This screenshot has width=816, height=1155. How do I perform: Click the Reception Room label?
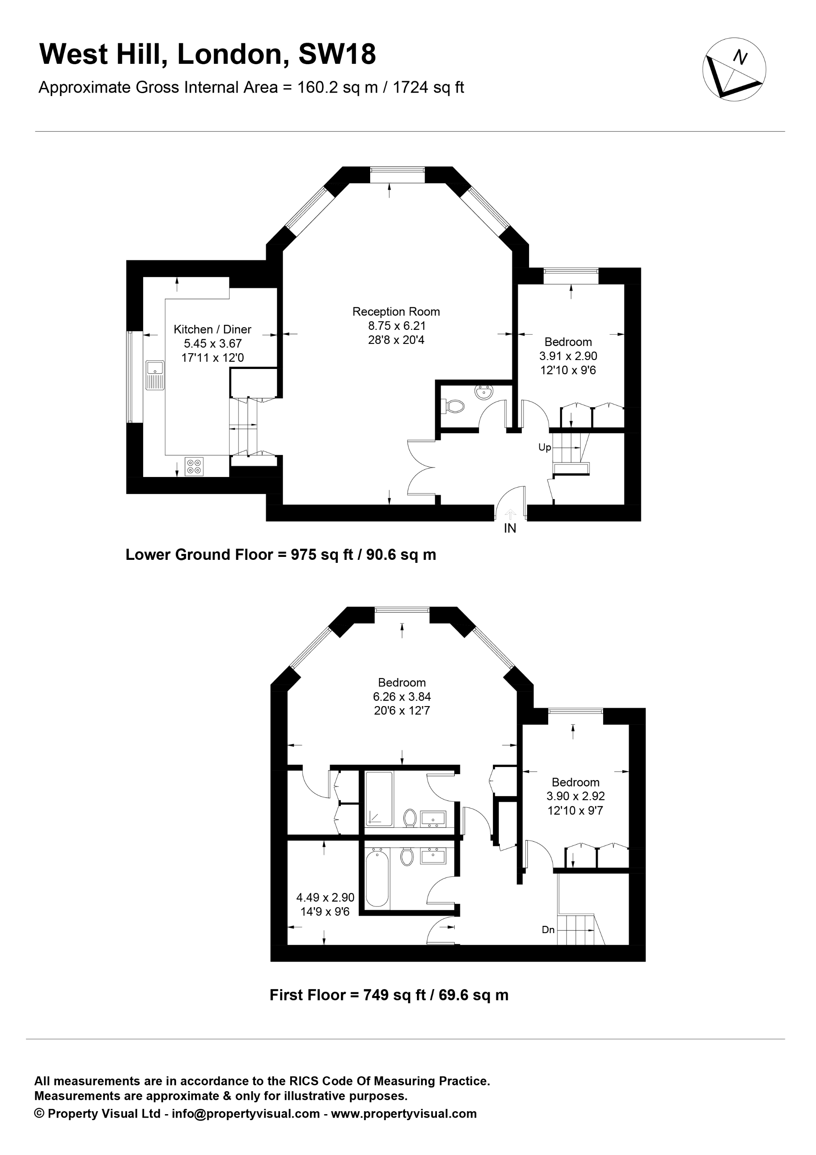[396, 312]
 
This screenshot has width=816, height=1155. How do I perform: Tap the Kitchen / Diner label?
[212, 329]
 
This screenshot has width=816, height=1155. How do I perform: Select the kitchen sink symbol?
[155, 375]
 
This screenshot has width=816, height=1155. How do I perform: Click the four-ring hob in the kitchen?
[194, 466]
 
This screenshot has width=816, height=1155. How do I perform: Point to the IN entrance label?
[510, 529]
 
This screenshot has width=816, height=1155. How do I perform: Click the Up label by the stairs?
[544, 448]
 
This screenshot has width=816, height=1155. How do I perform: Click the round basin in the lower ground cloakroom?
[484, 392]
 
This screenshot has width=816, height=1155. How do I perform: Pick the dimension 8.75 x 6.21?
[397, 326]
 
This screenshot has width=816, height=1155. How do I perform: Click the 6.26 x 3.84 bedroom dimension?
[402, 697]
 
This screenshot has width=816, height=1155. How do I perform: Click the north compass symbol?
[734, 69]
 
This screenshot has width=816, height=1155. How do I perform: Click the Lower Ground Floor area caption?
[280, 555]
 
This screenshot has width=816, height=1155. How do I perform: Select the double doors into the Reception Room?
[421, 468]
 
